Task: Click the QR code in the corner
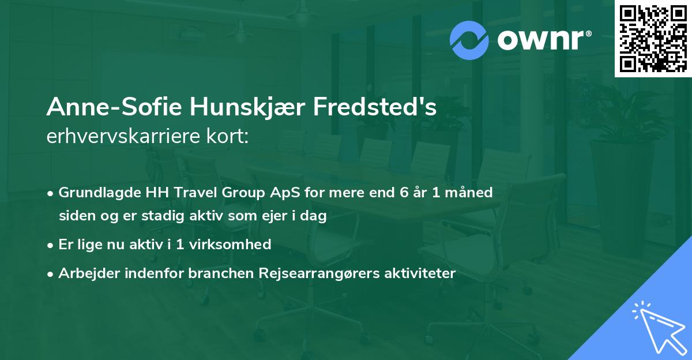tap(653, 39)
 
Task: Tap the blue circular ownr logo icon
tap(470, 40)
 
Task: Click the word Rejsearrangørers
tap(318, 273)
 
